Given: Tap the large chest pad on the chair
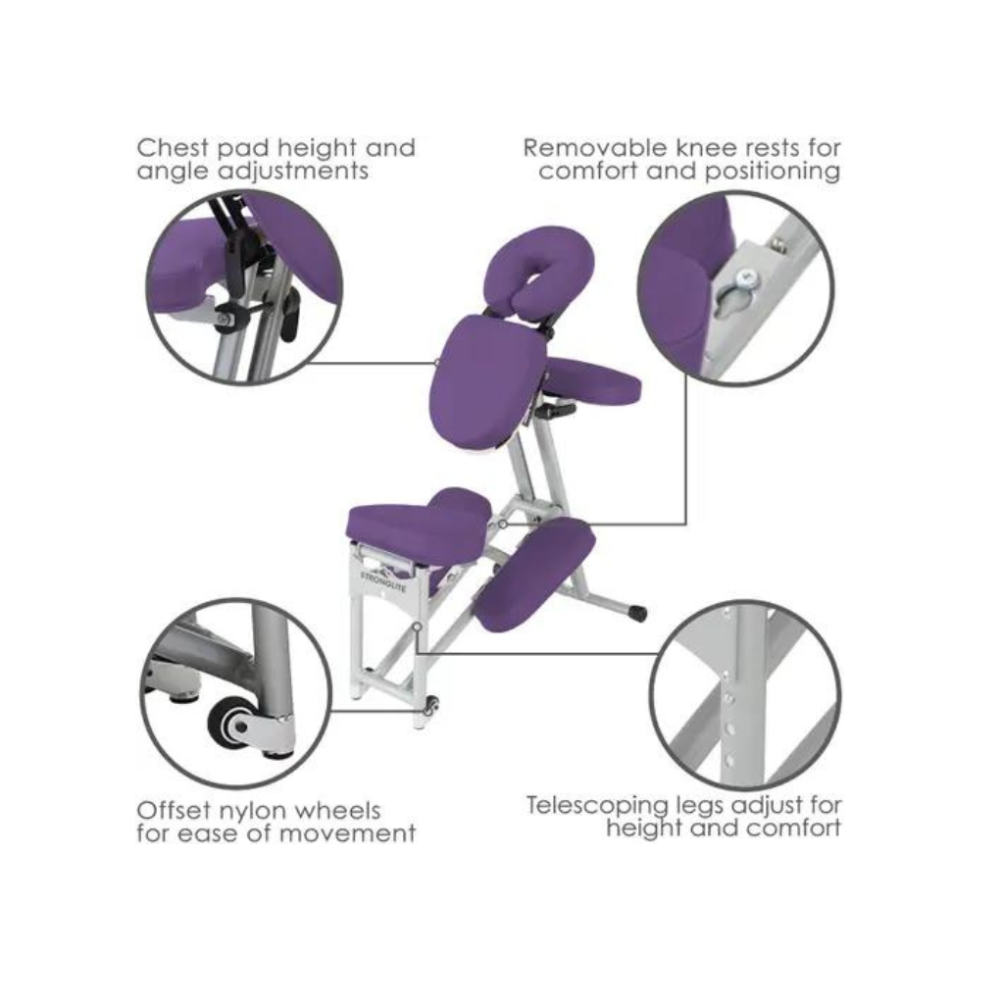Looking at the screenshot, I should click(x=485, y=377).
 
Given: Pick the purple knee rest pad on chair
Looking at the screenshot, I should click(x=534, y=574).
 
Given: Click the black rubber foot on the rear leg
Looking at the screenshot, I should click(x=637, y=614).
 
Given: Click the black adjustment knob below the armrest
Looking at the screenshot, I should click(x=556, y=411).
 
